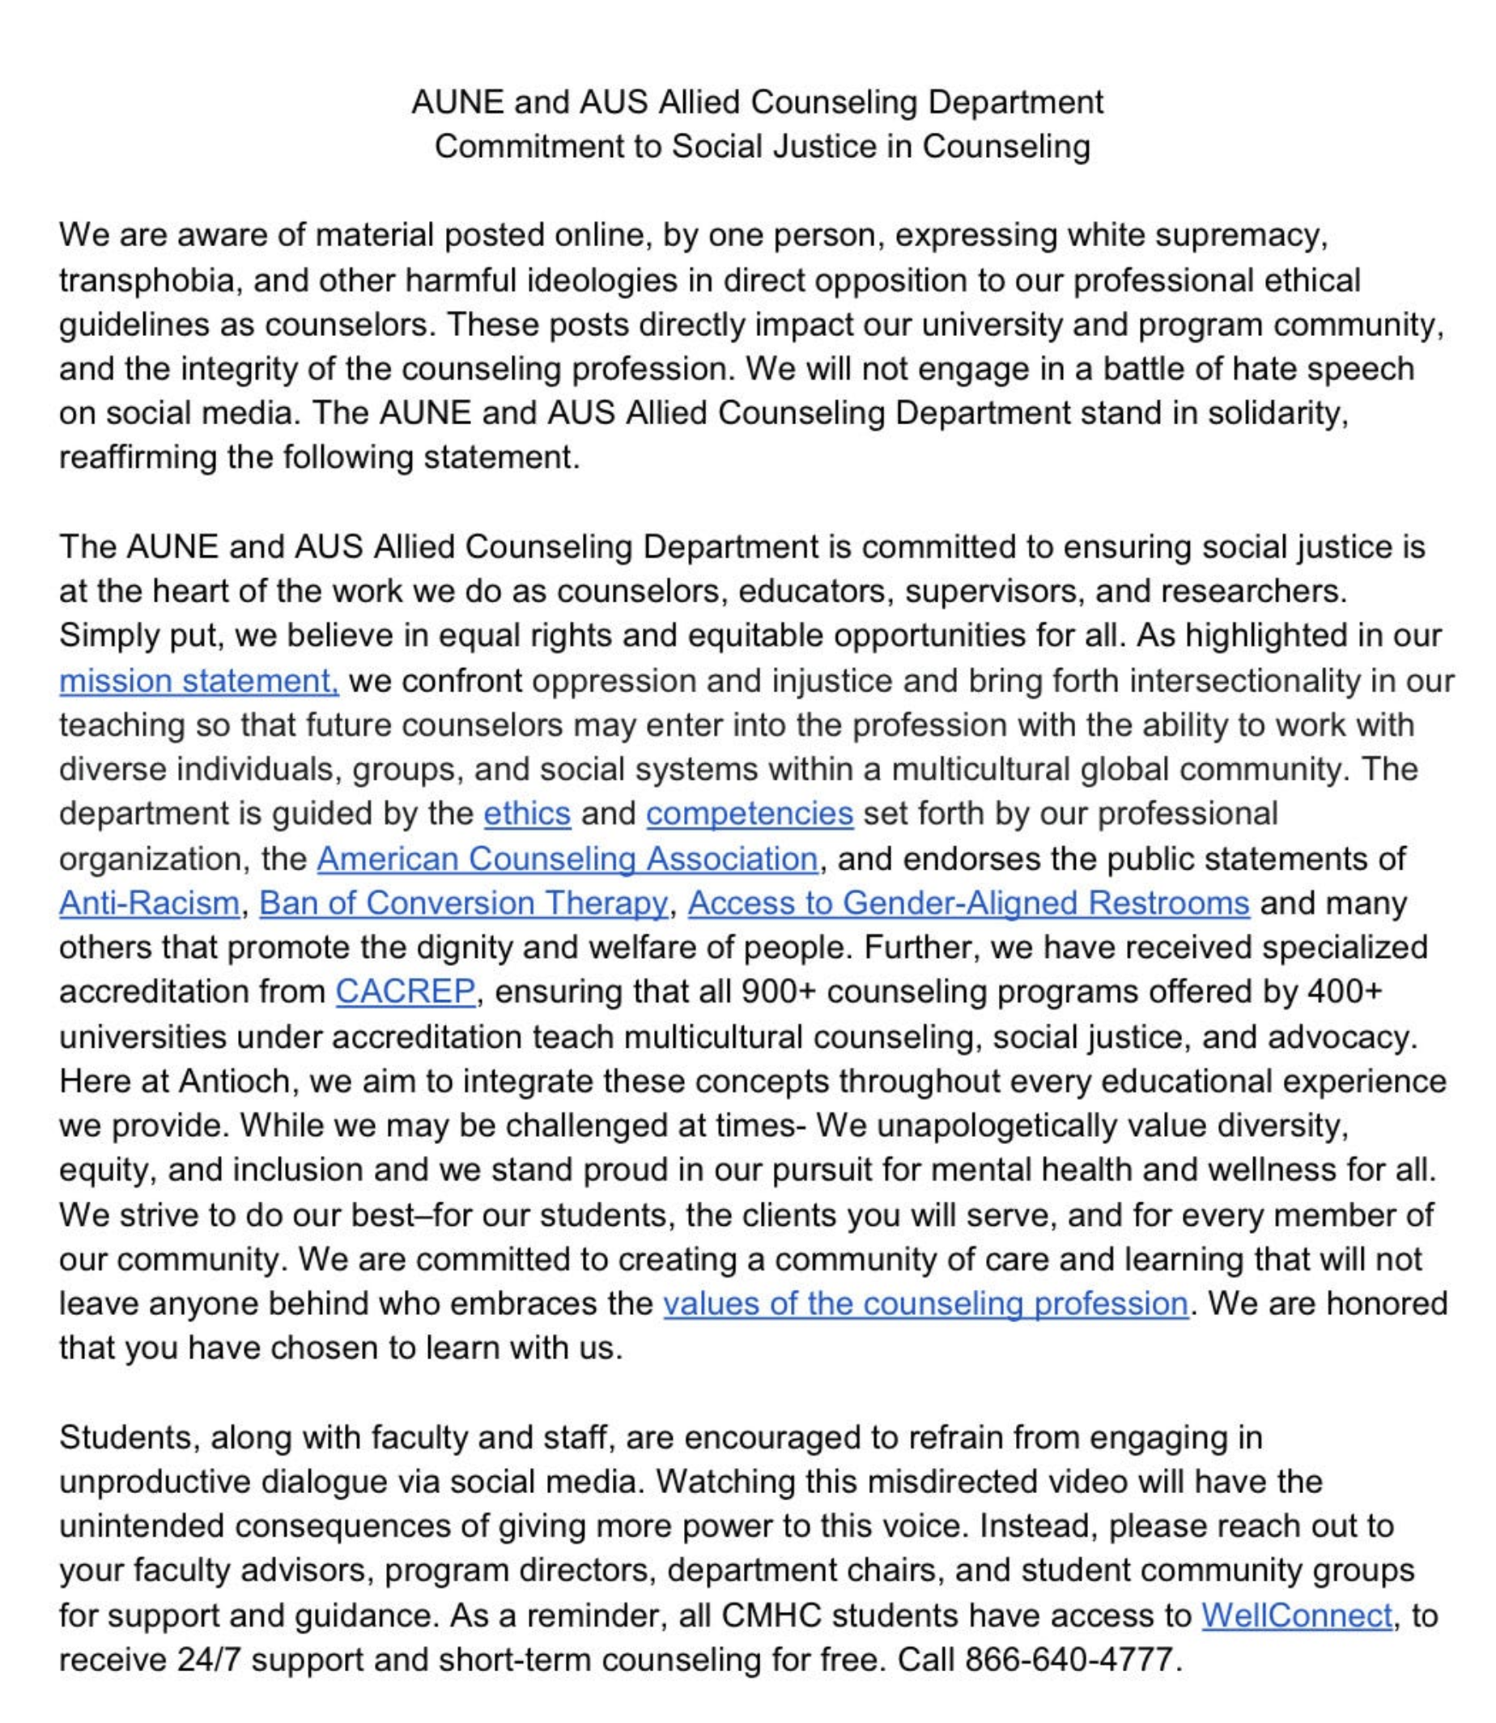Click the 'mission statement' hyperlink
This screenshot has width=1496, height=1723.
(198, 681)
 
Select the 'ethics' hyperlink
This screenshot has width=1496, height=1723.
(527, 813)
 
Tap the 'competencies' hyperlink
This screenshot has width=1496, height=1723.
(749, 813)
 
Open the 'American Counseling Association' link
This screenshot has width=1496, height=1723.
(567, 858)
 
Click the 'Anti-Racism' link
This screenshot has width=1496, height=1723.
(150, 903)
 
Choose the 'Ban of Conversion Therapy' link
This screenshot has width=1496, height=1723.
(463, 903)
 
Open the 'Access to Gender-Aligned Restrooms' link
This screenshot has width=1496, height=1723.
(968, 903)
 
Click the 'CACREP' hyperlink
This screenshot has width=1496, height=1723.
(405, 992)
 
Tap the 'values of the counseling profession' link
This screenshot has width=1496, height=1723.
(925, 1303)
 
